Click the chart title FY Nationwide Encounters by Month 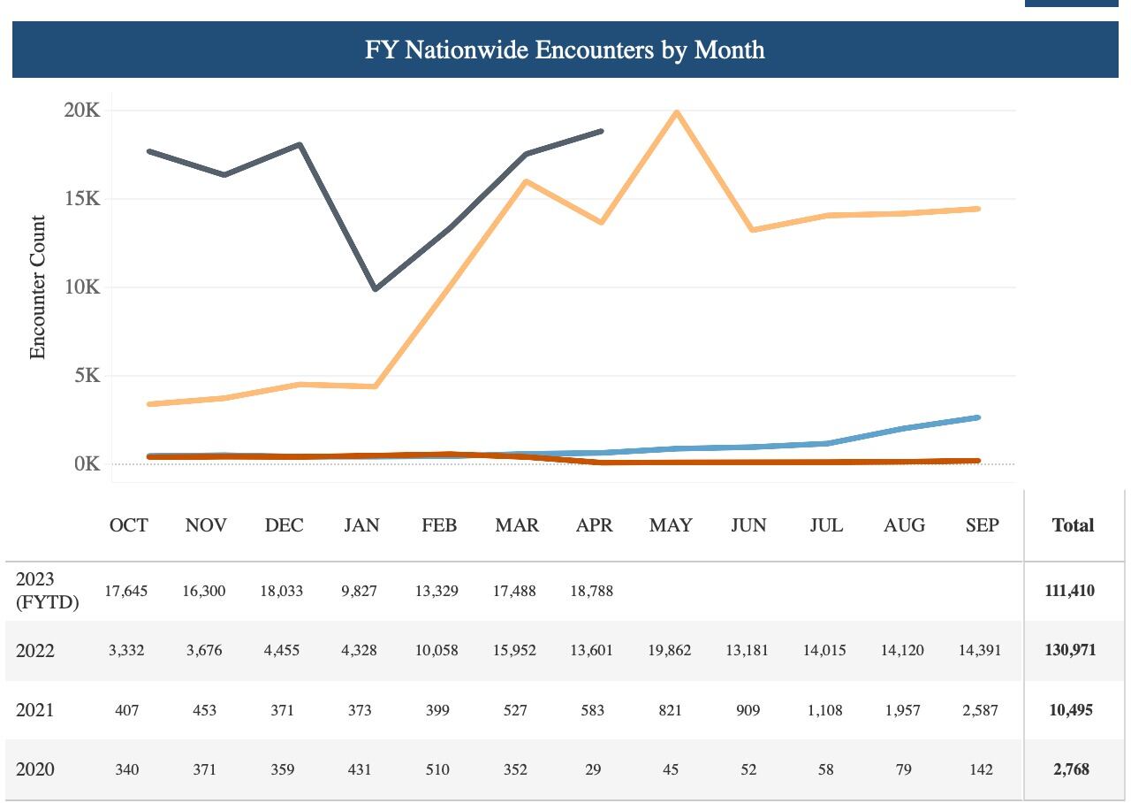point(565,50)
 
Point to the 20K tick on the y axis point(82,111)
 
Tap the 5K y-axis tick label point(87,376)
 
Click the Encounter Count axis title point(37,287)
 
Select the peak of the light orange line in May point(677,112)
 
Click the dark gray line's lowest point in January point(376,288)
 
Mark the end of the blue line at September point(978,417)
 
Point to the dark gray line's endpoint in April point(601,131)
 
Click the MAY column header point(671,525)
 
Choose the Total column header point(1073,525)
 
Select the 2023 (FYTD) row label point(47,591)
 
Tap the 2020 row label point(35,769)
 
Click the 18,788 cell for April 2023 point(592,591)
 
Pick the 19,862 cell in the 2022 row point(670,650)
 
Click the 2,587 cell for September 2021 point(980,710)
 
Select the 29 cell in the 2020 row point(593,769)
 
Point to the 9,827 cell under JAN point(359,591)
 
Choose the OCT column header point(129,525)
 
